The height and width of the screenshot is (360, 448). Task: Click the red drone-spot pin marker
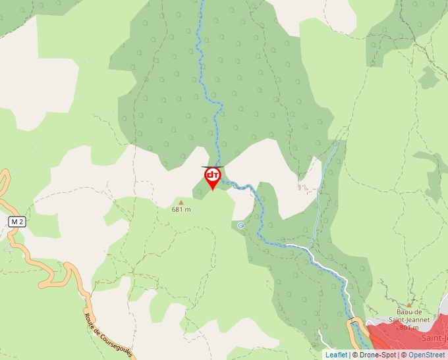212,177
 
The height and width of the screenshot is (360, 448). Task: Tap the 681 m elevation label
181,210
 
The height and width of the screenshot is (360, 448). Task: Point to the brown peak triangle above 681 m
181,202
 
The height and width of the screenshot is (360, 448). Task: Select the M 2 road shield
17,222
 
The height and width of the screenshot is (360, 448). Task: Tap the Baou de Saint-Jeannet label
413,315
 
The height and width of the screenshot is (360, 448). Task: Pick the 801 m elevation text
409,327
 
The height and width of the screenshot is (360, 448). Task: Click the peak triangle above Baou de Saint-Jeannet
408,305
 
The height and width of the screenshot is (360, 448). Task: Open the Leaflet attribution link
336,355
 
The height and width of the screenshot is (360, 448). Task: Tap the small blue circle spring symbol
241,225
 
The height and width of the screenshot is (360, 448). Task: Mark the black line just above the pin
212,167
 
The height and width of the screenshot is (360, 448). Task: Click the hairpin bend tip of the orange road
42,284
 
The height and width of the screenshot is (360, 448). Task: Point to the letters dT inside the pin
212,174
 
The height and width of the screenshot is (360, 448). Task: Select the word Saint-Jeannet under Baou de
413,320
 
